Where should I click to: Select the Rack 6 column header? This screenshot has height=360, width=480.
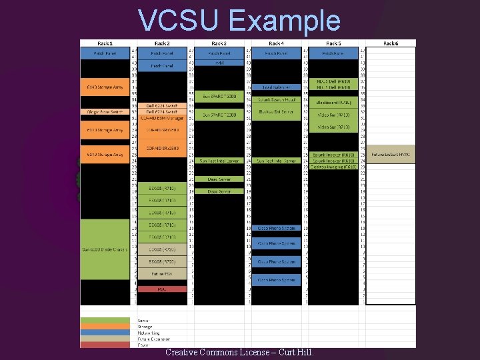point(391,43)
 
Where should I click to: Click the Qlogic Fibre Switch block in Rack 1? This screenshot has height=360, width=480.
point(104,112)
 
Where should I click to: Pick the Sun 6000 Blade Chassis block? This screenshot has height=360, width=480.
point(104,249)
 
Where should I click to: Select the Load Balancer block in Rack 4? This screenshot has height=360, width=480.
point(276,87)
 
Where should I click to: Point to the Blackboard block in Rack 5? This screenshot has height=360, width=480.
point(333,103)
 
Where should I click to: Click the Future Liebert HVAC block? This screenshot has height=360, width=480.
point(391,154)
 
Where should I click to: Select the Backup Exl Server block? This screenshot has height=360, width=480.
point(276,112)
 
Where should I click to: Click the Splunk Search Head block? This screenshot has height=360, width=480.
point(276,99)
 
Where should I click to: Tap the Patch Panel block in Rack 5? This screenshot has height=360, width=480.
point(333,52)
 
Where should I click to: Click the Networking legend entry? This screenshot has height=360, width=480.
point(145,332)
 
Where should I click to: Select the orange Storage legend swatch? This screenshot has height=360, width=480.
point(105,327)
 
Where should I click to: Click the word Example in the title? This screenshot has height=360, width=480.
point(284,20)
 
